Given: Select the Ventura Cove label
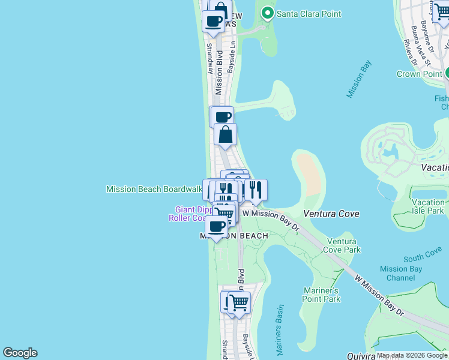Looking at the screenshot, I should tap(331, 214).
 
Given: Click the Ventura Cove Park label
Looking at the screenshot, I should tap(343, 245).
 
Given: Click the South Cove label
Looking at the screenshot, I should tap(423, 257).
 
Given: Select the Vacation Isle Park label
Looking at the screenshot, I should tap(428, 207).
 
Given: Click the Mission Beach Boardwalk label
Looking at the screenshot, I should tap(154, 189).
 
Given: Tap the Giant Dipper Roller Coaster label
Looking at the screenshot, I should tap(191, 214).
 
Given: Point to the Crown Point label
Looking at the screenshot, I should tap(419, 74).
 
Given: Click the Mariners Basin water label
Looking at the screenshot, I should tap(280, 330).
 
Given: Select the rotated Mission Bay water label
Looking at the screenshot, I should tap(359, 79).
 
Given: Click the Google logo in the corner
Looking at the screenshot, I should tap(20, 353).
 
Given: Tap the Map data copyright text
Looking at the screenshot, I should tap(412, 355).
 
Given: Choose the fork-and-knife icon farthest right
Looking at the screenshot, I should tap(256, 190).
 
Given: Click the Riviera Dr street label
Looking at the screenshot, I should tap(411, 52).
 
